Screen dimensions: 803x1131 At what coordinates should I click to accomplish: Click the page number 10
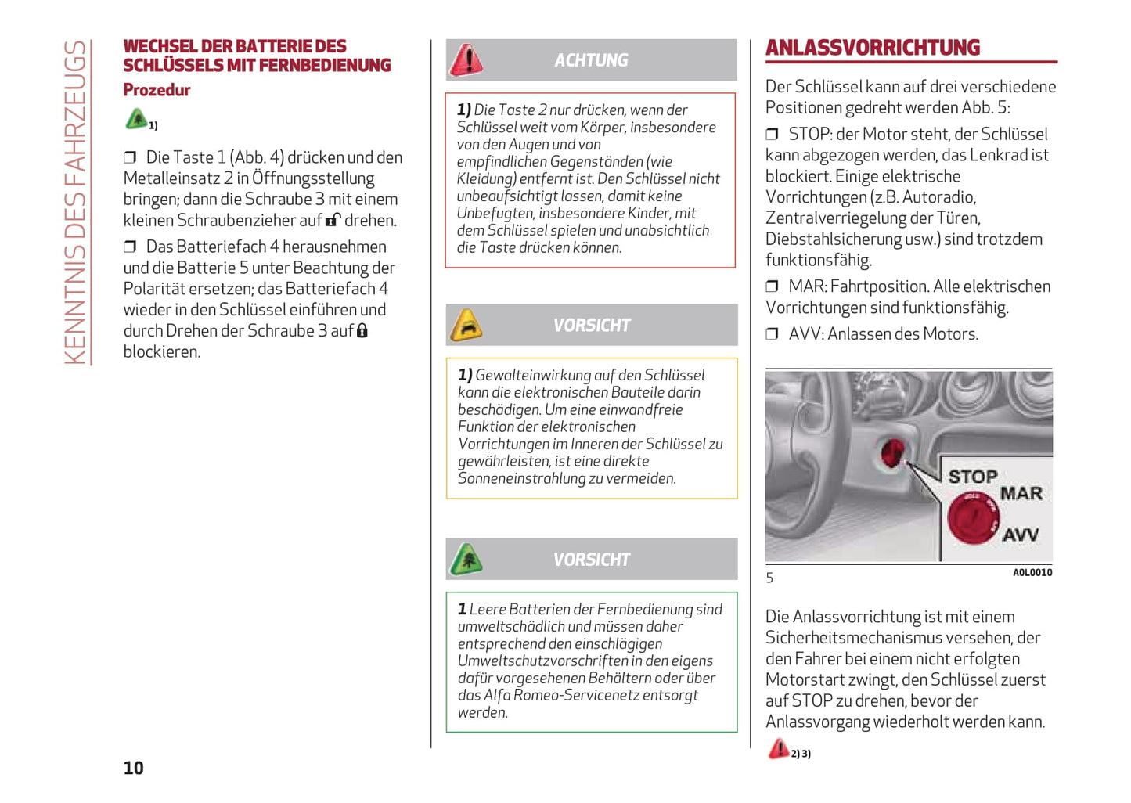(x=133, y=768)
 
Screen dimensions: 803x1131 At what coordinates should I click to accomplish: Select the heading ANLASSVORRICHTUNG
(x=872, y=48)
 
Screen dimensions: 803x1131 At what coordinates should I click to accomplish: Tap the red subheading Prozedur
(x=157, y=90)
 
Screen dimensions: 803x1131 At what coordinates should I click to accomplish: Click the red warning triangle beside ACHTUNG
(x=466, y=60)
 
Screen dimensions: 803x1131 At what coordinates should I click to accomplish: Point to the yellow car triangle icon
(x=466, y=325)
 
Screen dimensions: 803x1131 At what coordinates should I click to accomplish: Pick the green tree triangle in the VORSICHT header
(x=466, y=560)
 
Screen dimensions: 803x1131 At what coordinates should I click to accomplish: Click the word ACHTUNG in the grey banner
(x=591, y=60)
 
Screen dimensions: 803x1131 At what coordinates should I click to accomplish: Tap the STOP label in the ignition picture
(x=972, y=477)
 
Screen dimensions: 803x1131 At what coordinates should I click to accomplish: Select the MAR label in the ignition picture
(x=1021, y=494)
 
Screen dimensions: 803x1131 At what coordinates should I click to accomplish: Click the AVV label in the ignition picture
(x=1021, y=535)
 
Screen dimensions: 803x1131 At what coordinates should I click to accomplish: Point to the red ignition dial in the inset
(x=971, y=517)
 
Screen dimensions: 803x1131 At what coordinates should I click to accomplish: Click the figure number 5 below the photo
(x=769, y=578)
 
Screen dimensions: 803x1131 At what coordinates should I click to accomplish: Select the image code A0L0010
(x=1032, y=573)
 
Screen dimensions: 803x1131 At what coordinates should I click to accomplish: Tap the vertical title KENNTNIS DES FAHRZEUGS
(x=76, y=202)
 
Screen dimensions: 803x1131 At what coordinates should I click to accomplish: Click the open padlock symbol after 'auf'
(x=333, y=220)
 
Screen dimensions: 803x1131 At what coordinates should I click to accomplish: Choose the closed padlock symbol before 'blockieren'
(x=362, y=331)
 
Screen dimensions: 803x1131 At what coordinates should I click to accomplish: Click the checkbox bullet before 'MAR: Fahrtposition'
(x=772, y=287)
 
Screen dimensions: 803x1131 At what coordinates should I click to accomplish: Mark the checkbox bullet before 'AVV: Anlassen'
(x=772, y=334)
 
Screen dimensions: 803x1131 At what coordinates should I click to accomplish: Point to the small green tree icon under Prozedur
(x=136, y=119)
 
